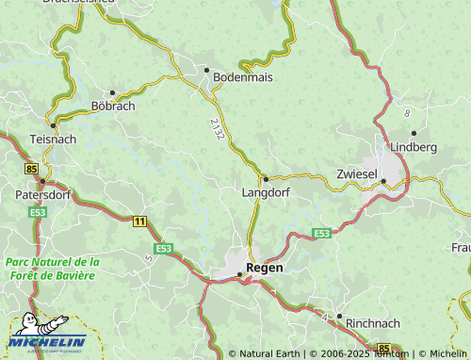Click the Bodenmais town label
(243, 77)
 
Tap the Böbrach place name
(112, 106)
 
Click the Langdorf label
(266, 191)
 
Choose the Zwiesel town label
(357, 174)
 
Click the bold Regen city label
(264, 268)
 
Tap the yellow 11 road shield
(140, 221)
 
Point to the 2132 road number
(219, 129)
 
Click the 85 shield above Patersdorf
(32, 169)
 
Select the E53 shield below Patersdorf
(38, 213)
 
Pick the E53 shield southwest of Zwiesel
(321, 233)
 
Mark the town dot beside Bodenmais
(206, 70)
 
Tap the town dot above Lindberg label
(414, 132)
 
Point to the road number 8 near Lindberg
(408, 113)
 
